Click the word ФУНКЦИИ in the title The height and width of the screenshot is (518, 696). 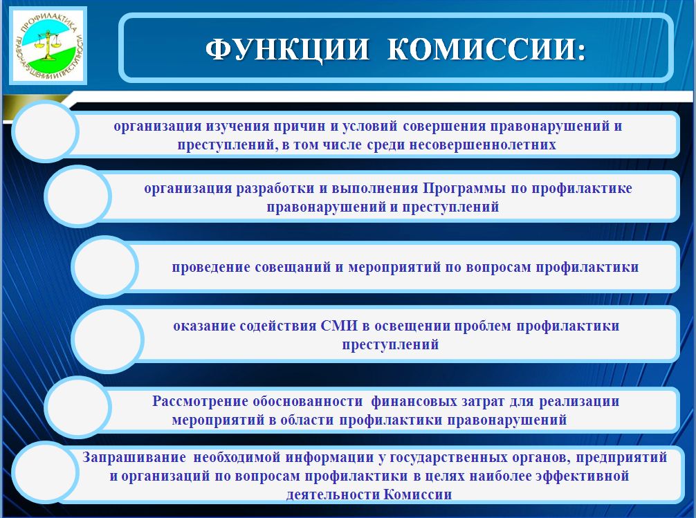tap(286, 49)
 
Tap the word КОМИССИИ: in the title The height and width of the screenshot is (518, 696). tap(486, 49)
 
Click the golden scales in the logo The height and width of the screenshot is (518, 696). tap(48, 45)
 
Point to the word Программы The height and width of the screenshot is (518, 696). tap(464, 189)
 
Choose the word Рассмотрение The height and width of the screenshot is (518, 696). tap(199, 401)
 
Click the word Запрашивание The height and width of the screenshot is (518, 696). tap(134, 457)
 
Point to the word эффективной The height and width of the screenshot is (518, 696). tap(583, 476)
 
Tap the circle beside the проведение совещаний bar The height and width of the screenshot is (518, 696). tap(104, 267)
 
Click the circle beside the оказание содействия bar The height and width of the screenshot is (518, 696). tap(108, 339)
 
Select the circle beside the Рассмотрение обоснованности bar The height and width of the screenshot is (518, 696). tap(77, 407)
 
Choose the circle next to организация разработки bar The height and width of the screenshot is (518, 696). tap(77, 196)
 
